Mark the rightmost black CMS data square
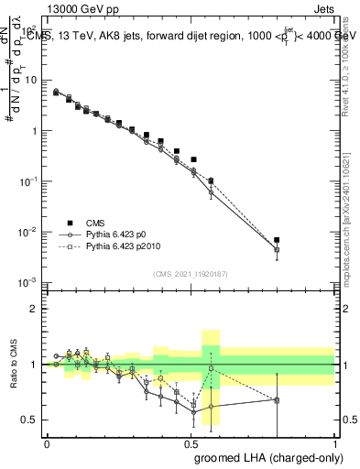(x=277, y=240)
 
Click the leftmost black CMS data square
(x=56, y=93)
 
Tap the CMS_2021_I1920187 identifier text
(x=189, y=272)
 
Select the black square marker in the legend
(x=71, y=222)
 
